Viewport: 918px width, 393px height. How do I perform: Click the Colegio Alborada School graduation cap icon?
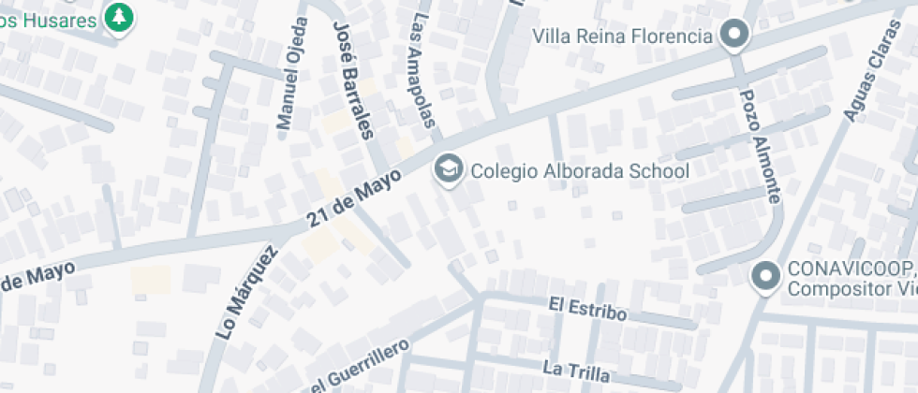point(450,169)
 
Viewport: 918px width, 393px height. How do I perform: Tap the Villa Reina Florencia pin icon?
point(735,36)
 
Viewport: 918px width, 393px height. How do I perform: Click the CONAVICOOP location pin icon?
point(767,277)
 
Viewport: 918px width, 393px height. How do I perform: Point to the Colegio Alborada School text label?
point(579,171)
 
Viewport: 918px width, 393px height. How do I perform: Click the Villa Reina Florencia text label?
point(623,36)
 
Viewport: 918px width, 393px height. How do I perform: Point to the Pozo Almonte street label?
point(760,146)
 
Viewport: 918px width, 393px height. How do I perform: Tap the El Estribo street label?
point(587,309)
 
